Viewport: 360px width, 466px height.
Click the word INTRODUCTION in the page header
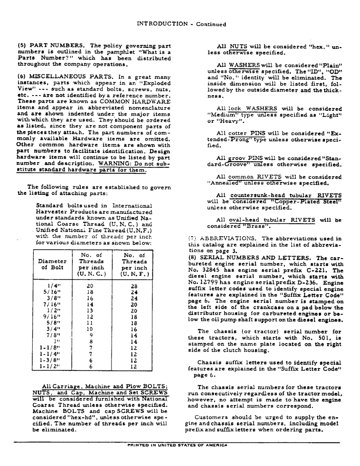[161, 24]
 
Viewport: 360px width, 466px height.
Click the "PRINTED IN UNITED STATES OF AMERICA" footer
[177, 445]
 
